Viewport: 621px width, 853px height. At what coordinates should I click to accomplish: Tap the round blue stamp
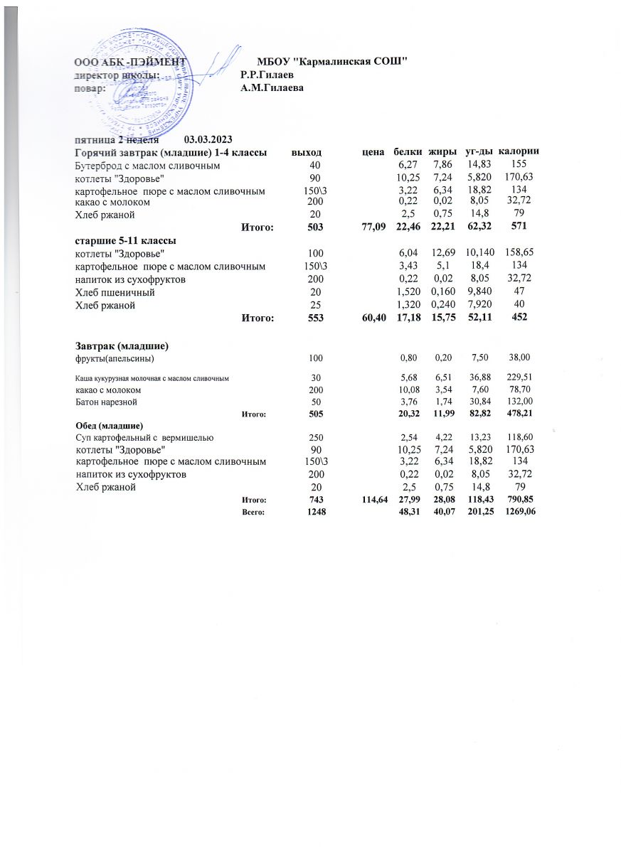tap(151, 78)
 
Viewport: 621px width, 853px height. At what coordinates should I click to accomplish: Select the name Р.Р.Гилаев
tap(267, 75)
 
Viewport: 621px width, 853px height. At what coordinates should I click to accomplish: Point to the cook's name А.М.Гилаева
tap(272, 88)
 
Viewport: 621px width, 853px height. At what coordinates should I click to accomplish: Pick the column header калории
tap(518, 152)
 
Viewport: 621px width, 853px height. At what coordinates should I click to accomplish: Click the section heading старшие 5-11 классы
tap(126, 240)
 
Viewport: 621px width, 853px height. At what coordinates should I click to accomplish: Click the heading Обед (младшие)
tap(110, 425)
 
